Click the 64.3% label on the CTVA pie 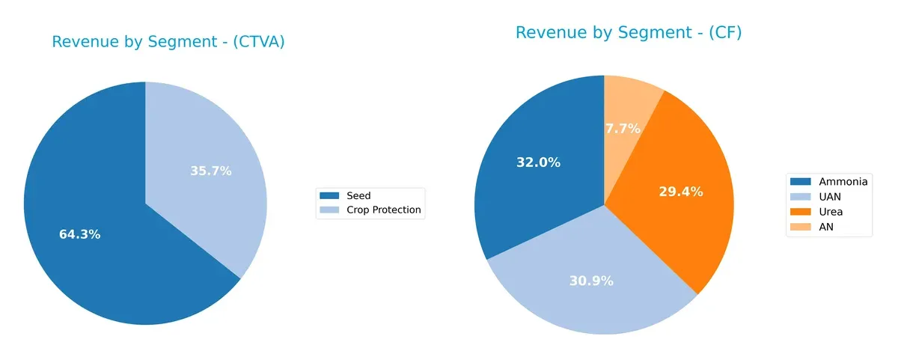pos(79,234)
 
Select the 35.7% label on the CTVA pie pos(211,171)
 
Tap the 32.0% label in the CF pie pos(538,162)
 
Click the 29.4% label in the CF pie pos(680,192)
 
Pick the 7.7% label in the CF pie pos(623,128)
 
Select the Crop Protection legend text pos(383,211)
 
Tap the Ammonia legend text pos(843,181)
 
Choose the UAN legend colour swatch pos(801,197)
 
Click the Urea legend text pos(831,212)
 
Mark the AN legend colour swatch pos(801,227)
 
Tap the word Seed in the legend pos(358,196)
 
